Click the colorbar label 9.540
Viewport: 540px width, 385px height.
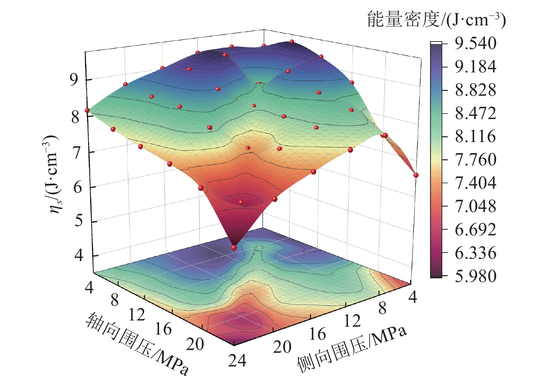(475, 44)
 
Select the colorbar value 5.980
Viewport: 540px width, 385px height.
(475, 276)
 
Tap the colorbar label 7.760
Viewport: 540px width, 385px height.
(475, 160)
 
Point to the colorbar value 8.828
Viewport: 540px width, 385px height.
(475, 90)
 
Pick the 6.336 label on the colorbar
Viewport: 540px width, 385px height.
(475, 253)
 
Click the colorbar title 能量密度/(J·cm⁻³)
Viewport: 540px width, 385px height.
(436, 20)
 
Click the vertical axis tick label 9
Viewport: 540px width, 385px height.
(74, 80)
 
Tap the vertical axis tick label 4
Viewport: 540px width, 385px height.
(79, 256)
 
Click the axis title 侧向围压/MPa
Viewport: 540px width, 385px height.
(352, 349)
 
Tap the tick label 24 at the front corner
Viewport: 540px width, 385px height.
(237, 361)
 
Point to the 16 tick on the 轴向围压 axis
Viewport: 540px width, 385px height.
(163, 329)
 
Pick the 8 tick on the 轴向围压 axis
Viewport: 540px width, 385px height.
(115, 301)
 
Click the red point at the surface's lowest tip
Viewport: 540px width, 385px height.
(234, 248)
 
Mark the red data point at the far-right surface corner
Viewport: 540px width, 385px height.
(416, 175)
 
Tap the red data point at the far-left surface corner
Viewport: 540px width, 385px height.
(87, 110)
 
